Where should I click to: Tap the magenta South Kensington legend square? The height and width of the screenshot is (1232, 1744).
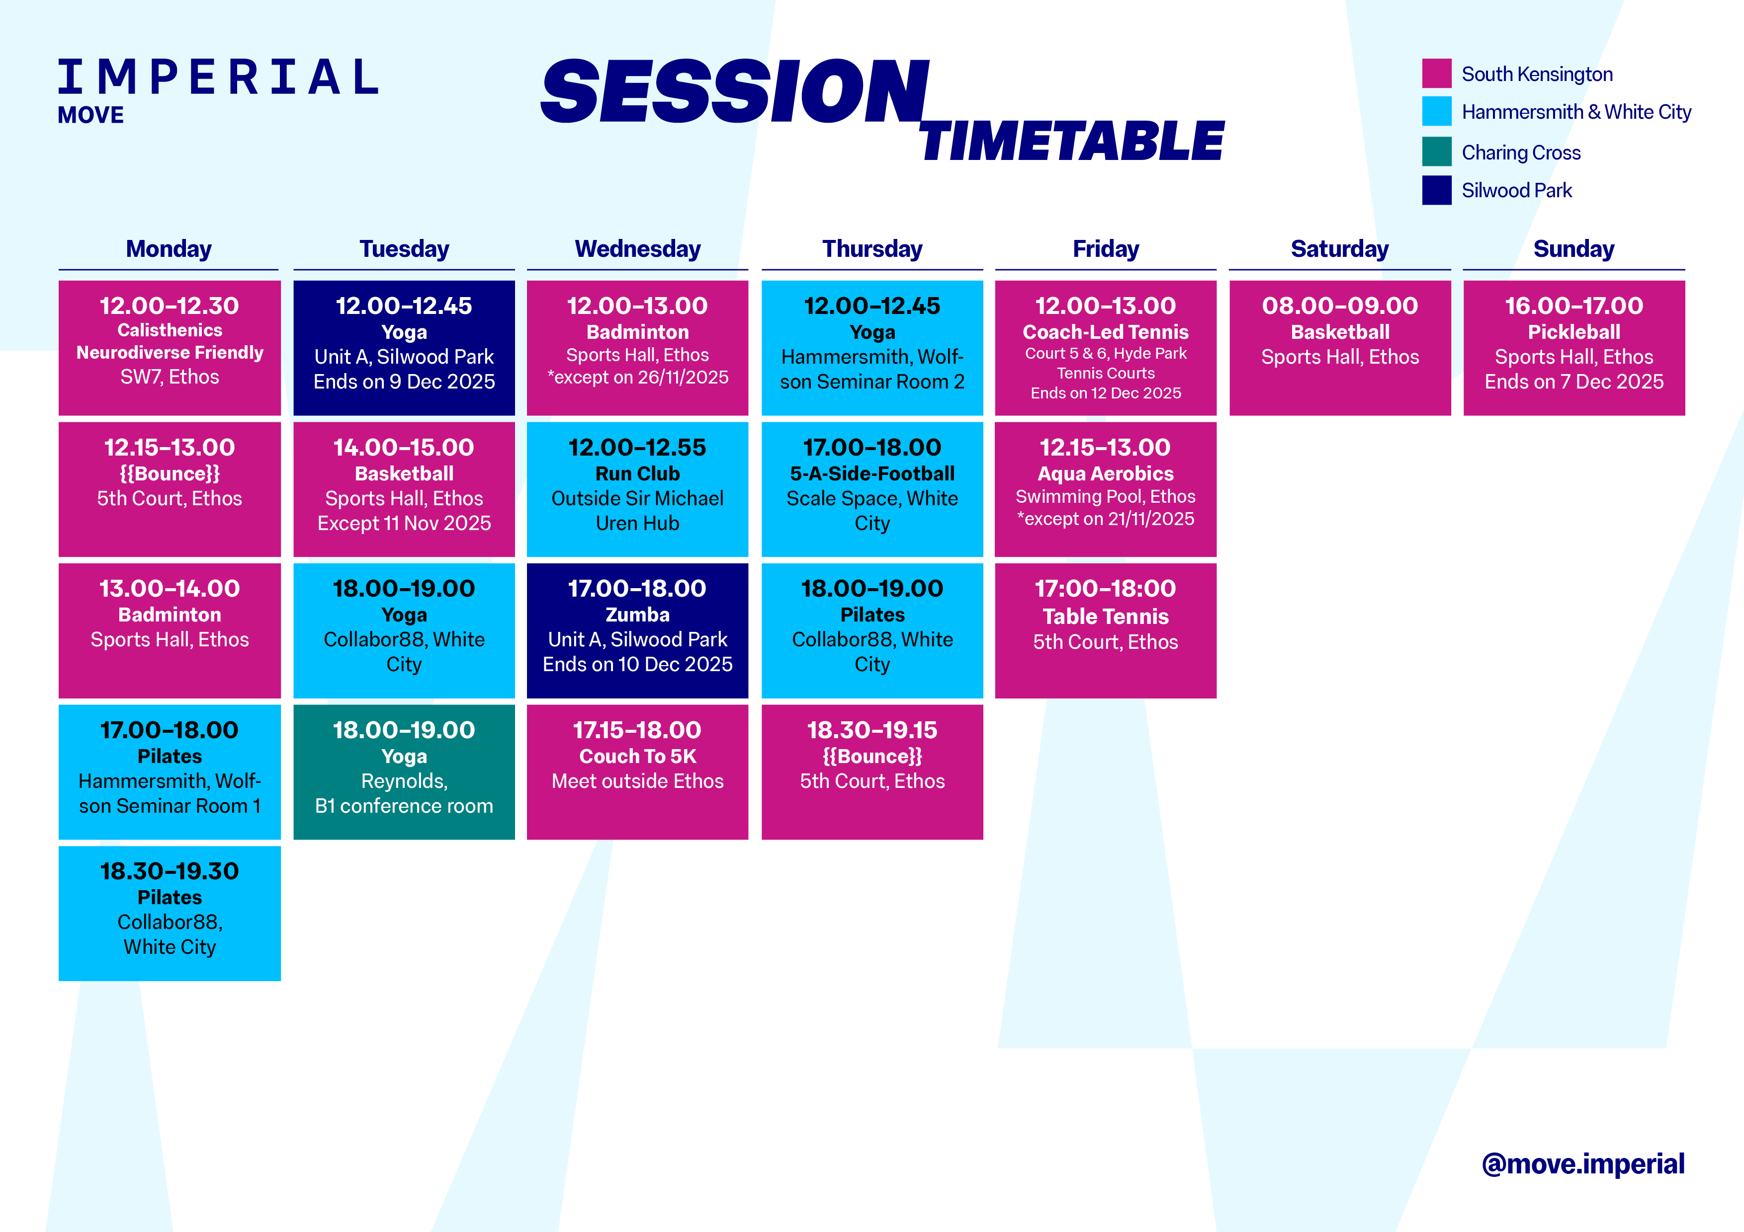[x=1436, y=73]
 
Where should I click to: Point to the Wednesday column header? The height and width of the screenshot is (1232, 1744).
[x=637, y=249]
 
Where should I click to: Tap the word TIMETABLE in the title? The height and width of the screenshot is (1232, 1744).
[x=1072, y=141]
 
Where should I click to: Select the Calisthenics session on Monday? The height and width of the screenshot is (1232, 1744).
[x=170, y=348]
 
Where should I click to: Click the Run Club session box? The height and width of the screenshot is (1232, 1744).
[x=637, y=489]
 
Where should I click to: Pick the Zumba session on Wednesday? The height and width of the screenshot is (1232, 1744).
[x=637, y=630]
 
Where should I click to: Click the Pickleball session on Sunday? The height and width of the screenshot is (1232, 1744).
[x=1574, y=348]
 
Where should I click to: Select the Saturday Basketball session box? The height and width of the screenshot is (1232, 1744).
[x=1340, y=348]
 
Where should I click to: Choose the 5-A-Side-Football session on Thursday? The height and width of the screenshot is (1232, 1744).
[x=872, y=489]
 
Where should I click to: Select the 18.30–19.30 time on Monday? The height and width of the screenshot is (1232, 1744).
[x=170, y=871]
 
